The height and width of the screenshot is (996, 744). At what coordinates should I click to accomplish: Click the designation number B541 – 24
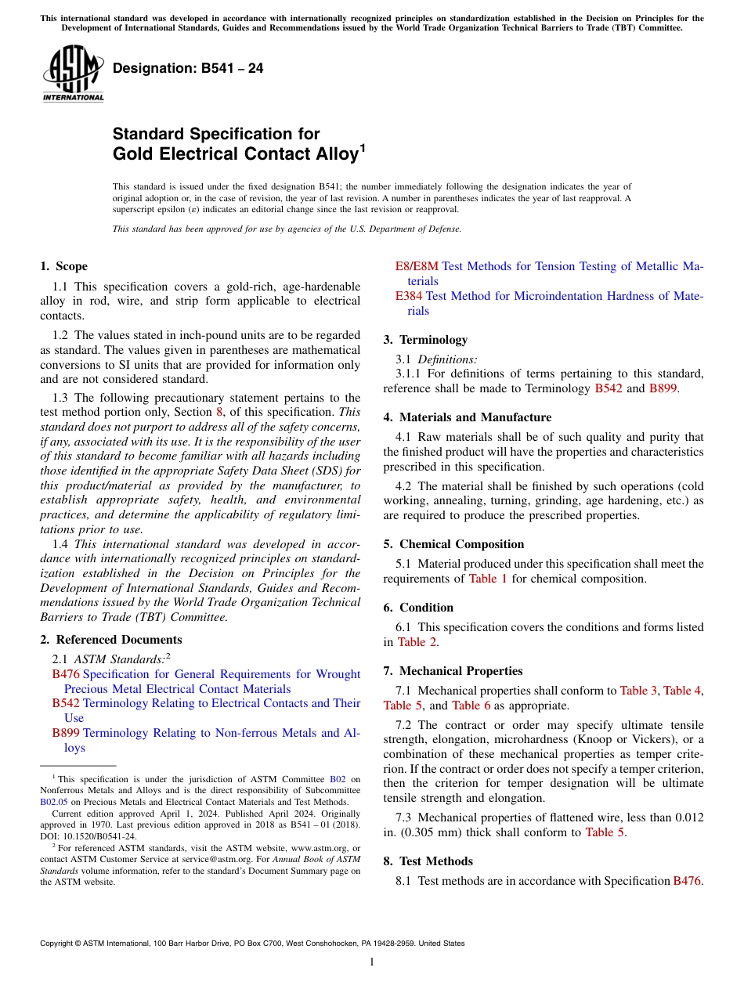pyautogui.click(x=188, y=68)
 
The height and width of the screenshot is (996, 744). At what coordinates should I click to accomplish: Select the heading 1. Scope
pyautogui.click(x=63, y=266)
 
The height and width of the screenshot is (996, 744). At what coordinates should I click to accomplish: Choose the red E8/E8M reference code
pyautogui.click(x=417, y=266)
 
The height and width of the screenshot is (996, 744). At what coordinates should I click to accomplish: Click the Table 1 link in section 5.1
pyautogui.click(x=488, y=579)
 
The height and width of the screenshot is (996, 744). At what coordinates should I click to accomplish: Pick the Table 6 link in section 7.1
pyautogui.click(x=471, y=705)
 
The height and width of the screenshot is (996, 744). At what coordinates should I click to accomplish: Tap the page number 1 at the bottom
pyautogui.click(x=372, y=962)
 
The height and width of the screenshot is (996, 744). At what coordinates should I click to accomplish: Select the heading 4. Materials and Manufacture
pyautogui.click(x=467, y=417)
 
